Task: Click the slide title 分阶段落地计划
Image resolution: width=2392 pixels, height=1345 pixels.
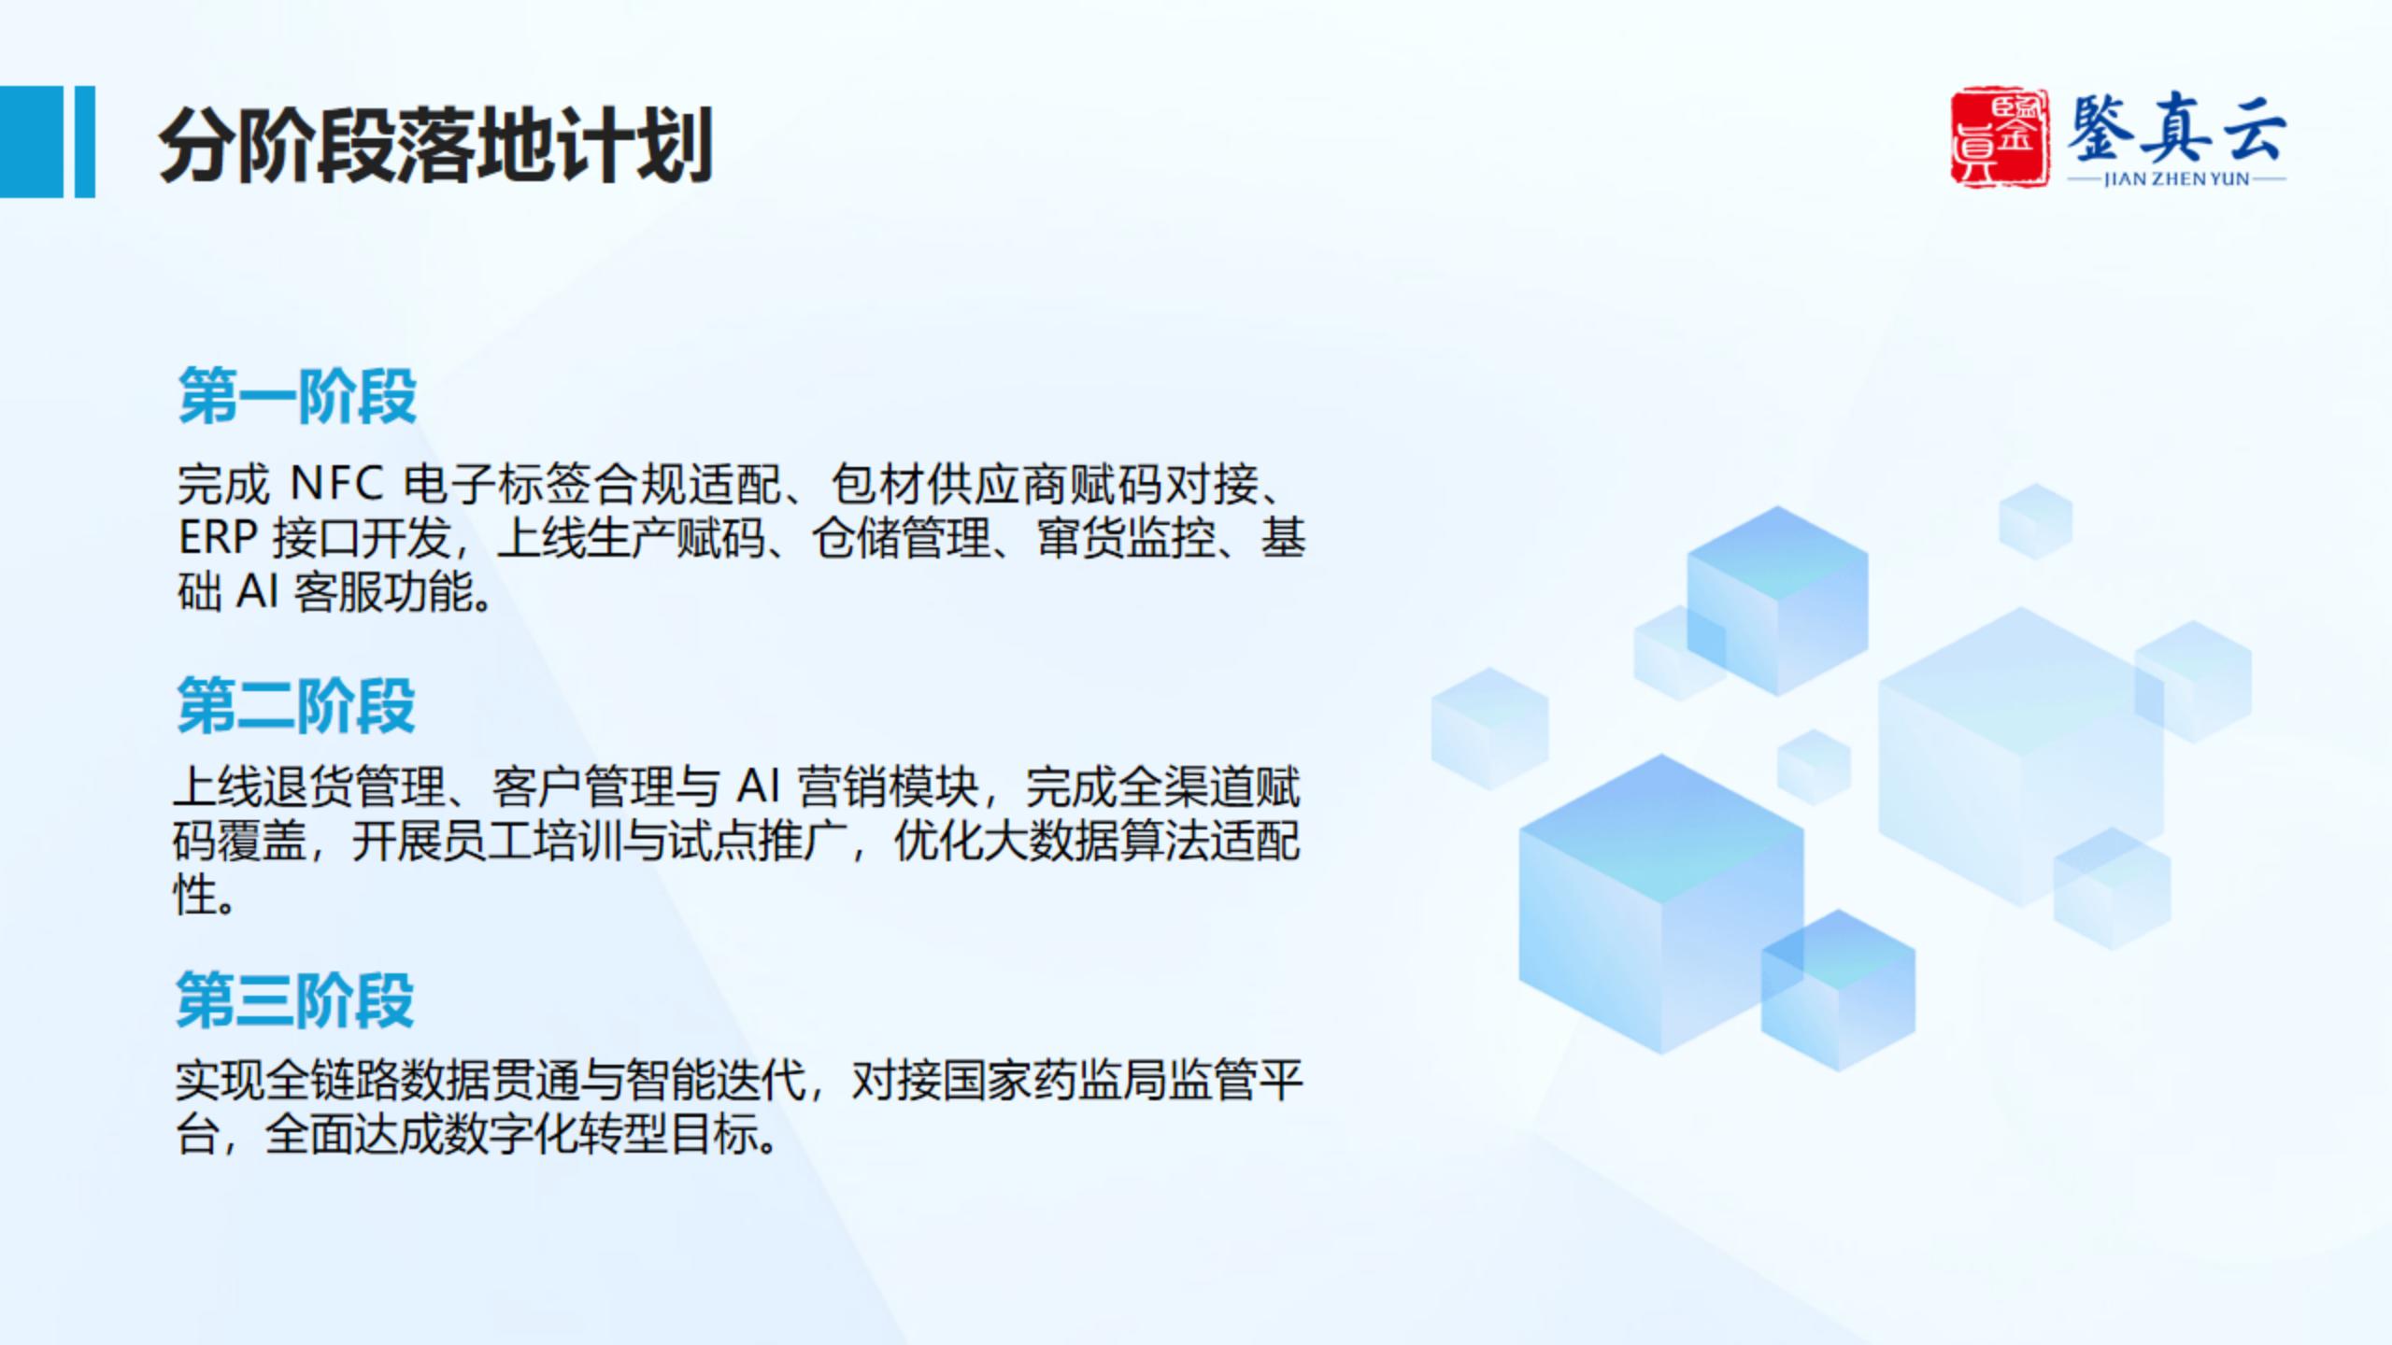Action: pos(435,145)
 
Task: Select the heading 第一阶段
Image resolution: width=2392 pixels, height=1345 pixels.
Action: pos(297,396)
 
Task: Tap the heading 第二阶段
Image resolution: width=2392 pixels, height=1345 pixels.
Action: pos(296,705)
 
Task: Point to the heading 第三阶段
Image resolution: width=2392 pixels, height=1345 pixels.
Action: pos(295,999)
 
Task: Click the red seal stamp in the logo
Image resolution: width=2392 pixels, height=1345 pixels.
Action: pos(2000,138)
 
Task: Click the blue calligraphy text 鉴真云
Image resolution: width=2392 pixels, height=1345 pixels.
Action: pos(2176,131)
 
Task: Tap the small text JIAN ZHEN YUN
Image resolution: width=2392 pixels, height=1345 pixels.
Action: pos(2176,179)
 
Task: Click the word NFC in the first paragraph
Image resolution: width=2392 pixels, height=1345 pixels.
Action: pos(336,484)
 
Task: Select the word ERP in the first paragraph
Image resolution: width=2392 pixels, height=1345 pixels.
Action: pos(218,538)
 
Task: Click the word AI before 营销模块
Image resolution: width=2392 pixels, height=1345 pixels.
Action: pos(758,786)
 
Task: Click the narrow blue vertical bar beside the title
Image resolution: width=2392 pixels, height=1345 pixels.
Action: pos(84,142)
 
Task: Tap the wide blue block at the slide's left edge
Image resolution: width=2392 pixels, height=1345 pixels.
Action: pos(32,142)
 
